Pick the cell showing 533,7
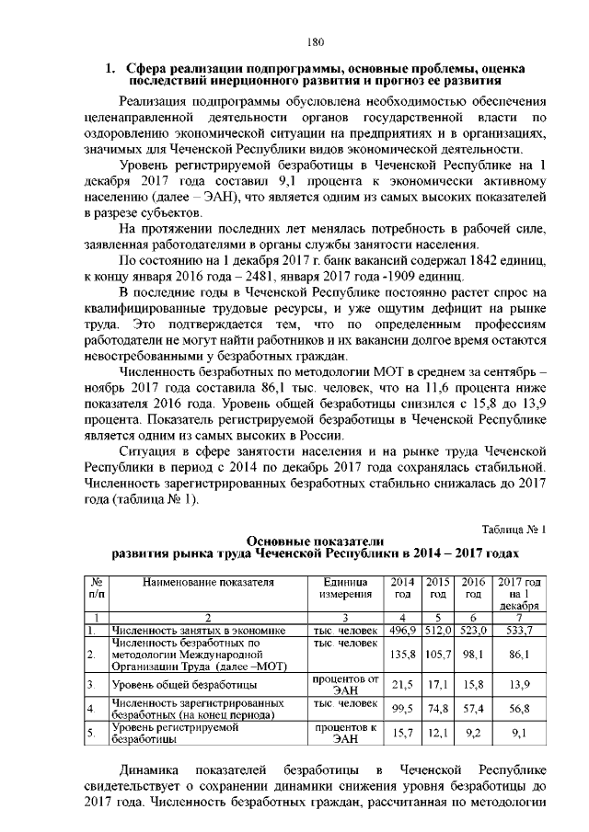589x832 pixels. coord(520,631)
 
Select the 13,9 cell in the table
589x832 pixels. coord(520,685)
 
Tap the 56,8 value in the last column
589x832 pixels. coord(520,709)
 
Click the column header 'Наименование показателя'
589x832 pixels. coord(209,582)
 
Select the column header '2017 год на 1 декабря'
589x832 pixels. coord(520,594)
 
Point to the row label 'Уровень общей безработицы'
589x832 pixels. coord(183,686)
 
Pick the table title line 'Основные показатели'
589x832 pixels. coord(315,541)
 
